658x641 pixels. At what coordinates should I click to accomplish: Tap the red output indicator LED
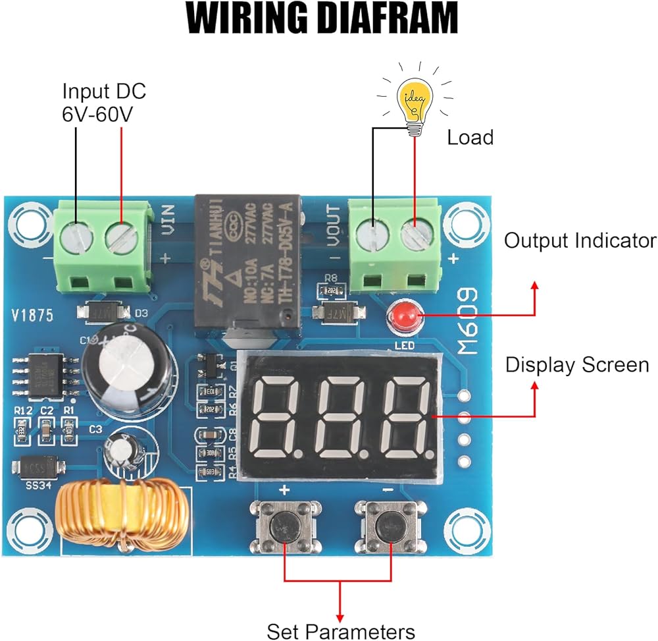coord(403,319)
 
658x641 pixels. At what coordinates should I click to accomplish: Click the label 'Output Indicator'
coord(580,240)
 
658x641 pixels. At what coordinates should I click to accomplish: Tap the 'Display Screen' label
coord(577,365)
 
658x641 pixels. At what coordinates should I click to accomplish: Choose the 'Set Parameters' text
coord(341,630)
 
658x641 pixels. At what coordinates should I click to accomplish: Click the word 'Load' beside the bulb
coord(470,138)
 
